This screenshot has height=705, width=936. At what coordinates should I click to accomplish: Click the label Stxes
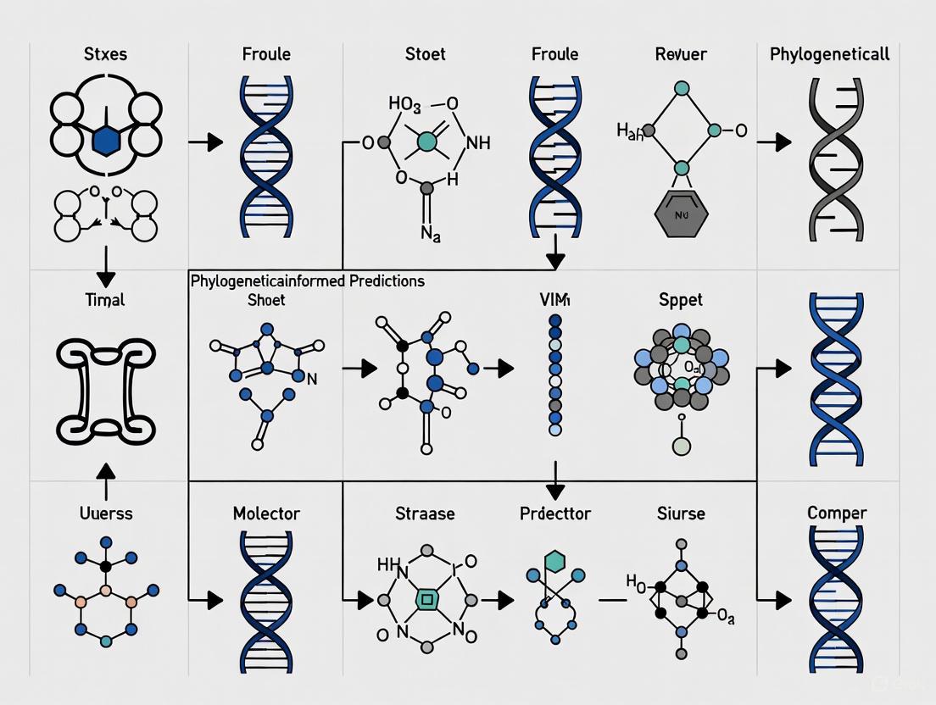click(105, 54)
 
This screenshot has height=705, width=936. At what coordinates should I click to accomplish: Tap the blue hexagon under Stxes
click(106, 141)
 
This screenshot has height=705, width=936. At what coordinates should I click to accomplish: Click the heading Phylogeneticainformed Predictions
click(308, 280)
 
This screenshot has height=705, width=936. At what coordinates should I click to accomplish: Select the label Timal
click(105, 300)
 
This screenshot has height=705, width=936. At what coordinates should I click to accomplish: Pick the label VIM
click(555, 299)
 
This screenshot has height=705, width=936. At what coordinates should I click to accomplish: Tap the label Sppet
click(681, 300)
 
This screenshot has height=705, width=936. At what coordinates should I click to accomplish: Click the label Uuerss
click(105, 513)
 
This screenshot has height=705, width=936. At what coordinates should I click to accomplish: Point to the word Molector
click(266, 513)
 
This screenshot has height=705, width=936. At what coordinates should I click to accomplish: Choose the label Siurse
click(680, 513)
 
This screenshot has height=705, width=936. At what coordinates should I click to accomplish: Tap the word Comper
click(836, 513)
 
